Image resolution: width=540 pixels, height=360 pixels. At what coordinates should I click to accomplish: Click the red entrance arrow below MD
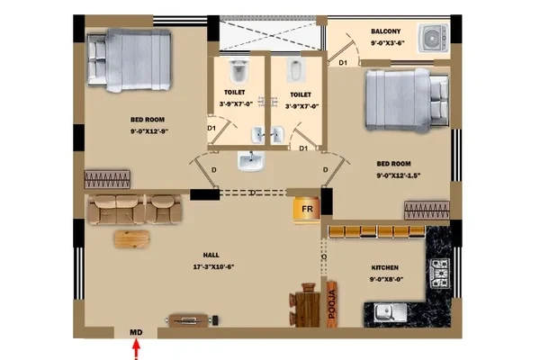pos(137,349)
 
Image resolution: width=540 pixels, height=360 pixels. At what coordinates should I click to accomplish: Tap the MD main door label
pos(136,332)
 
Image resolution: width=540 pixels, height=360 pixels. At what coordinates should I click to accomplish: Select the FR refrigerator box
pos(307,209)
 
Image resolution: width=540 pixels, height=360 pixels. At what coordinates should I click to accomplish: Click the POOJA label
pos(332,304)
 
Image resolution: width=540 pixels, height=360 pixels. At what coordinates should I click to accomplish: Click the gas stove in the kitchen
pos(440,274)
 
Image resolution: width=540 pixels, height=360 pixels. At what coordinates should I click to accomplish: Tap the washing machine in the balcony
pos(434,38)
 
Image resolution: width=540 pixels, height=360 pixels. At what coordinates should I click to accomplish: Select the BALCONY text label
pos(386,31)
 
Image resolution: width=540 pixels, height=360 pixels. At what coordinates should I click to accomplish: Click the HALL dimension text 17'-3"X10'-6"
pos(214,266)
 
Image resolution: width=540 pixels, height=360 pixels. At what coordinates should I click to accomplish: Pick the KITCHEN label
pos(385,267)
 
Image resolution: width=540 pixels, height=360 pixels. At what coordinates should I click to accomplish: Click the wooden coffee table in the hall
pos(132,238)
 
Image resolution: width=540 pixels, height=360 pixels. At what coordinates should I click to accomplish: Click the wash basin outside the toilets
pos(251,161)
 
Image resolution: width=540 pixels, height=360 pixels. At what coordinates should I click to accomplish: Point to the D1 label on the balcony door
pos(343,63)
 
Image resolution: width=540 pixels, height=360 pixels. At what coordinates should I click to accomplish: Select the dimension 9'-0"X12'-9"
pos(149,131)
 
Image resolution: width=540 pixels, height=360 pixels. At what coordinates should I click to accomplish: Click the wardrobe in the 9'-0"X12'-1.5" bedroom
pos(427,211)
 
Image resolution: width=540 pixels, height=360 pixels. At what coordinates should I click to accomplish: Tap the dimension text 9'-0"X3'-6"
pos(387,43)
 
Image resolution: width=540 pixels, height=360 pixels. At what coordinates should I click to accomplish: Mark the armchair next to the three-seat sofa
pos(166,210)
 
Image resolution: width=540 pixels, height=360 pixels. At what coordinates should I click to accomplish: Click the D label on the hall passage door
pos(253,193)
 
